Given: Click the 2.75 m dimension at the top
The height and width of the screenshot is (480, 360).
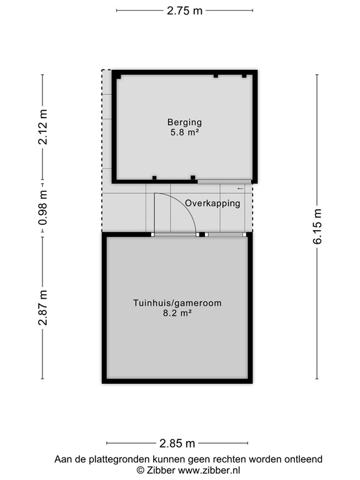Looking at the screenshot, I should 184,11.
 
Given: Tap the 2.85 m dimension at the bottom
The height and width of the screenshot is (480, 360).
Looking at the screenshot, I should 177,444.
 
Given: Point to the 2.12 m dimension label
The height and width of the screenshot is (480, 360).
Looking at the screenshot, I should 42,127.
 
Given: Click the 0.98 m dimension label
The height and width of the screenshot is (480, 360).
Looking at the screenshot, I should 42,209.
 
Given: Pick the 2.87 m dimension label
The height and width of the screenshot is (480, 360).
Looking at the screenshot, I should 42,307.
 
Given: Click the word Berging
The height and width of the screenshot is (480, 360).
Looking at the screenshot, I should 184,122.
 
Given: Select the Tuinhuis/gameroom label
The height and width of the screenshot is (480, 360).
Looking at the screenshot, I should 177,304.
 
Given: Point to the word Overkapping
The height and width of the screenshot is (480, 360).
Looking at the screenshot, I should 212,203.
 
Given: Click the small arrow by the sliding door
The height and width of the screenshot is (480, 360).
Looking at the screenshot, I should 241,188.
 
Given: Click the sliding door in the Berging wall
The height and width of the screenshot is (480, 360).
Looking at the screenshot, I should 224,182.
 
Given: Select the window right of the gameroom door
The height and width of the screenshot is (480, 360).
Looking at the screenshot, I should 226,235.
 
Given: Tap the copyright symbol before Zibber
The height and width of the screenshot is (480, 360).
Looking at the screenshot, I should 141,470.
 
